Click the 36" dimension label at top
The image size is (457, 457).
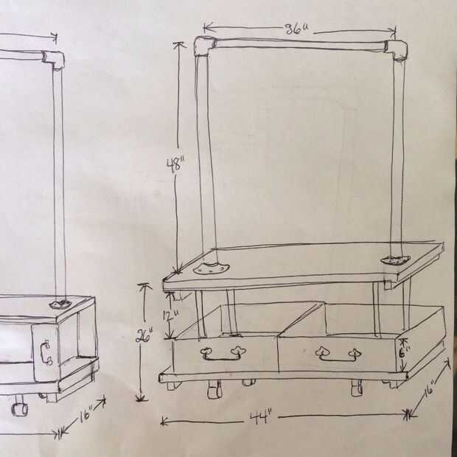296,29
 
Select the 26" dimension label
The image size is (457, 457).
144,336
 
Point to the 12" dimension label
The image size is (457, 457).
171,315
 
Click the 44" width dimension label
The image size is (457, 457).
261,418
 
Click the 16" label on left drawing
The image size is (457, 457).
85,414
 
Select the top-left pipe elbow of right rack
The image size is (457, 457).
205,46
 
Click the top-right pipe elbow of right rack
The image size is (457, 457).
396,50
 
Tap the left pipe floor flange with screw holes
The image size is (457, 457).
211,268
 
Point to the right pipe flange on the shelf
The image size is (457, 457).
396,260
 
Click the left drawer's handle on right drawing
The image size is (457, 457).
223,354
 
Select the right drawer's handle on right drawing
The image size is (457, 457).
338,354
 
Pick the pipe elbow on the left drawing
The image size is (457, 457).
55,60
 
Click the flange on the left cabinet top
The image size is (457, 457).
60,304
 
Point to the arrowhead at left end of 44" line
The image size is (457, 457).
164,422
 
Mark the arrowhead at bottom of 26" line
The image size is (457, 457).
141,397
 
